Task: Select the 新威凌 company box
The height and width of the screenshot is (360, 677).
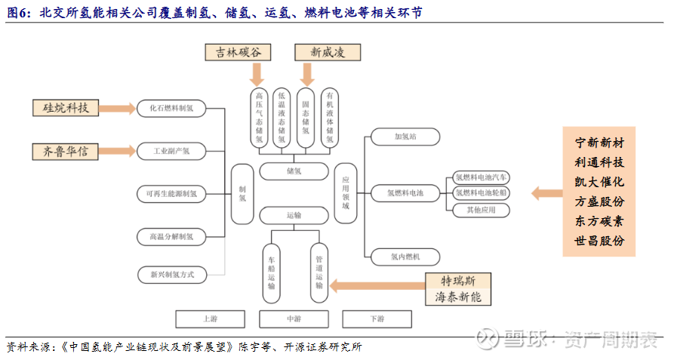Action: point(327,52)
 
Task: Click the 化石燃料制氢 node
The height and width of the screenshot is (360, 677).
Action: point(171,108)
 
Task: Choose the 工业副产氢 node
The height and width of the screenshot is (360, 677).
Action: point(171,151)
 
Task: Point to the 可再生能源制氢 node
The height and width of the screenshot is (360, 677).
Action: point(171,194)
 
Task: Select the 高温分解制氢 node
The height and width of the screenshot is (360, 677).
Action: point(171,237)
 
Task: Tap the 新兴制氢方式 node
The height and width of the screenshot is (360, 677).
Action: point(171,275)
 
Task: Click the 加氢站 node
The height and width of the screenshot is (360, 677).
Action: point(405,137)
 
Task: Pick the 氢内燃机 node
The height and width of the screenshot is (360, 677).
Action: point(405,257)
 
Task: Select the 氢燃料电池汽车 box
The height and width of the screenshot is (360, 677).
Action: point(482,178)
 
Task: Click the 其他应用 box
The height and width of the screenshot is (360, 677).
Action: point(482,210)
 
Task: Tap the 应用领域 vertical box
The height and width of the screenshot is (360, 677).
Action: point(346,194)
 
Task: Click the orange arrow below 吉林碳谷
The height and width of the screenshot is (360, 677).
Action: point(257,73)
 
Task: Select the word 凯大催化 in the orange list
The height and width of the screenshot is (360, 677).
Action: point(599,183)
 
